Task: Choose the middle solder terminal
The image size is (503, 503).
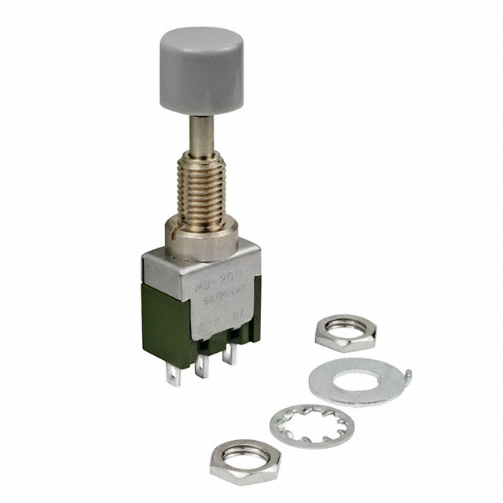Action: (204, 366)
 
